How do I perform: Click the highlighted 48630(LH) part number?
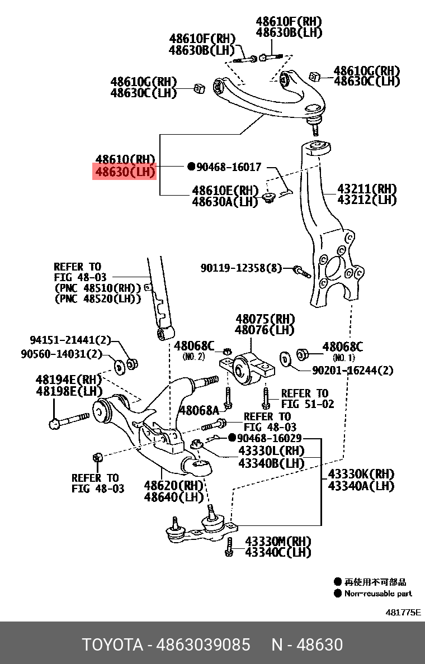pyautogui.click(x=124, y=172)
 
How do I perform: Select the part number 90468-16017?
pyautogui.click(x=229, y=167)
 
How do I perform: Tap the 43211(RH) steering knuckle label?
pyautogui.click(x=367, y=189)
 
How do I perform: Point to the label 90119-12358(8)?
pyautogui.click(x=242, y=268)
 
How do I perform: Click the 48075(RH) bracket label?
pyautogui.click(x=265, y=320)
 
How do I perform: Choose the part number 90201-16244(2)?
pyautogui.click(x=353, y=371)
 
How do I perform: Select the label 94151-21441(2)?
pyautogui.click(x=70, y=340)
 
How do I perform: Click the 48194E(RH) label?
pyautogui.click(x=69, y=380)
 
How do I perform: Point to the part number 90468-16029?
pyautogui.click(x=270, y=438)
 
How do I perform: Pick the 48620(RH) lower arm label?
pyautogui.click(x=173, y=485)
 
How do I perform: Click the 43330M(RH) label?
pyautogui.click(x=277, y=541)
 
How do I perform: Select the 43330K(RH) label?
pyautogui.click(x=361, y=475)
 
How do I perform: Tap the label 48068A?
pyautogui.click(x=199, y=411)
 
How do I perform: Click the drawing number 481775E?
pyautogui.click(x=403, y=612)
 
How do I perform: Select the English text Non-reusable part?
pyautogui.click(x=378, y=594)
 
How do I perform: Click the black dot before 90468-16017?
pyautogui.click(x=191, y=167)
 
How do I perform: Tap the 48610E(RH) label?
pyautogui.click(x=225, y=190)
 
